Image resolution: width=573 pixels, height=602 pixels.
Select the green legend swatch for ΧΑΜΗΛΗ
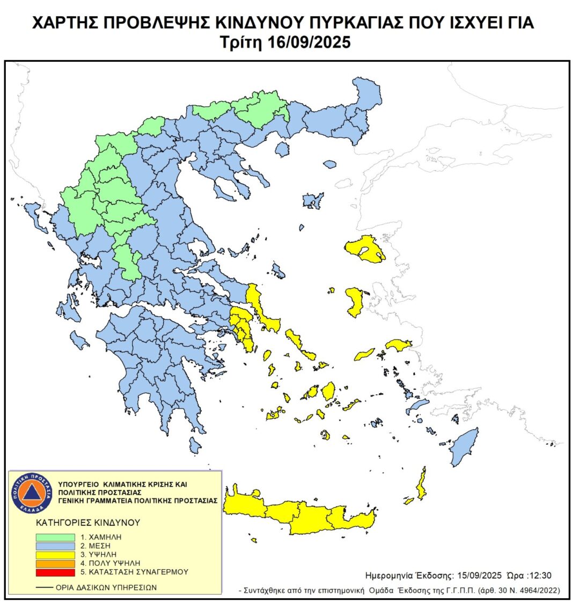point(55,536)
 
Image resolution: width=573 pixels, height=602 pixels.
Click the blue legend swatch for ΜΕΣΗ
point(55,545)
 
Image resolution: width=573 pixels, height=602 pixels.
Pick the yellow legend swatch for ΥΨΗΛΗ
point(55,554)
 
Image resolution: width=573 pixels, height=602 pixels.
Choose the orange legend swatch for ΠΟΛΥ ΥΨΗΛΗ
point(55,563)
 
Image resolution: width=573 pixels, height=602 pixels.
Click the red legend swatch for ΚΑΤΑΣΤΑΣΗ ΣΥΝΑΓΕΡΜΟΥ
point(55,571)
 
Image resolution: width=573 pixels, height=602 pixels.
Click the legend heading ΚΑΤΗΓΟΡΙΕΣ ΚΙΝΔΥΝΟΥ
point(87,522)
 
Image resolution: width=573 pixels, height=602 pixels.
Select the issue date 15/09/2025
point(476,575)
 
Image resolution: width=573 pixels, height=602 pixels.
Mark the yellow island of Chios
point(355,301)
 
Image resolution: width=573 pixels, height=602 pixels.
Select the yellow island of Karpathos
point(422,483)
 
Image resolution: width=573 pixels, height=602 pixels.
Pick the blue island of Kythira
point(195,445)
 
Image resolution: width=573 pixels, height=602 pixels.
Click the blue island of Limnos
point(312,201)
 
